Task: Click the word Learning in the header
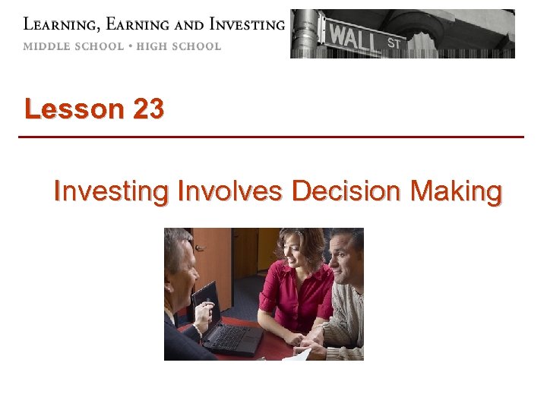[54, 24]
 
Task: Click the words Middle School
[73, 46]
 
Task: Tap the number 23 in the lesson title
[147, 109]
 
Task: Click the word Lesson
[74, 109]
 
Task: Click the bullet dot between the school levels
[130, 46]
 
